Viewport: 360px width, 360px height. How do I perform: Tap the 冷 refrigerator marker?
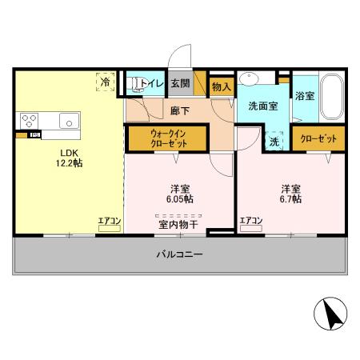pos(105,81)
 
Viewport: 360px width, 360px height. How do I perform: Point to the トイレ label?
pos(154,82)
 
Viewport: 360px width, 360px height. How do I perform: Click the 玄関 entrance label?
pos(180,82)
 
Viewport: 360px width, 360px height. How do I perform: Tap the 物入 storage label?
pos(222,86)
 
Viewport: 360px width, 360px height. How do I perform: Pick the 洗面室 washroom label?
pos(262,106)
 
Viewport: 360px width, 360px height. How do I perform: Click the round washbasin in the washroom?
pos(250,80)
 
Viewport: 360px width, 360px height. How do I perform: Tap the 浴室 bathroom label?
pos(303,96)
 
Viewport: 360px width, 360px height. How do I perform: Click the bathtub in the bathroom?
pos(330,96)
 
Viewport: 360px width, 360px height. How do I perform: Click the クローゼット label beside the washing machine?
pos(318,138)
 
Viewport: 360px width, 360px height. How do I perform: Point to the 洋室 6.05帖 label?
pos(181,194)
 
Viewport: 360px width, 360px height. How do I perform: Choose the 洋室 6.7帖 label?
pos(290,194)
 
